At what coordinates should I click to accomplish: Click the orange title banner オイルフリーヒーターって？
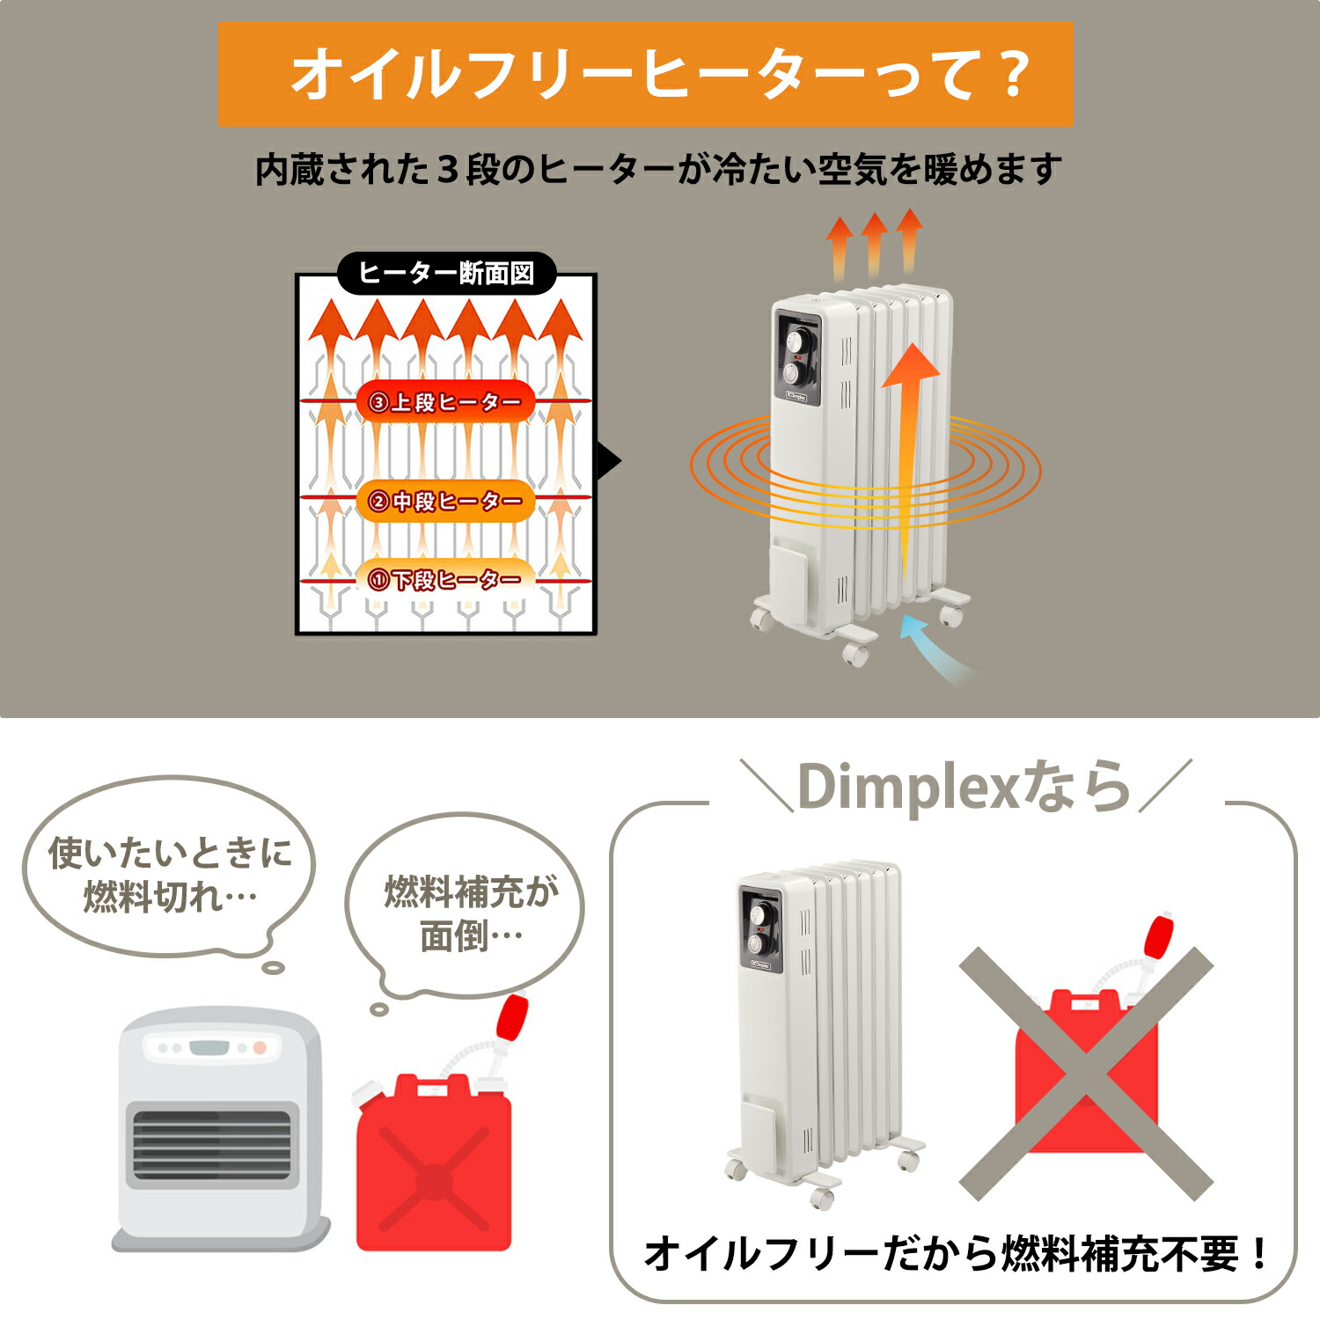(645, 74)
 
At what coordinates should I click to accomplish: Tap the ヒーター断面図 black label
(446, 274)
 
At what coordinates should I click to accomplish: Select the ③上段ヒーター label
(445, 402)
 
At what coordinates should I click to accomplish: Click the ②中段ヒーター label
(445, 501)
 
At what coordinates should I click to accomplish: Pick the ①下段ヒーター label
(445, 579)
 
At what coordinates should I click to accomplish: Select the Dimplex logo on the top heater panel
(796, 397)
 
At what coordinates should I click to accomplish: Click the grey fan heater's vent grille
(211, 1143)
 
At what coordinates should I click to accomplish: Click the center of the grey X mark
(1086, 1074)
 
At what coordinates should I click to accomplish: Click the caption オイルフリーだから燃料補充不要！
(956, 1252)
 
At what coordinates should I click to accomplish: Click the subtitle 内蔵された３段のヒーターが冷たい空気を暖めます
(658, 169)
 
